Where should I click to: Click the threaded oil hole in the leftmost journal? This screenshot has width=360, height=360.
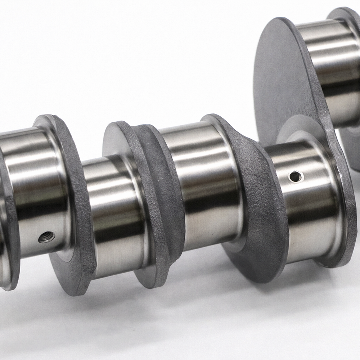[47, 237]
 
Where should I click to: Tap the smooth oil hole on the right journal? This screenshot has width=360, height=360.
[295, 176]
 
